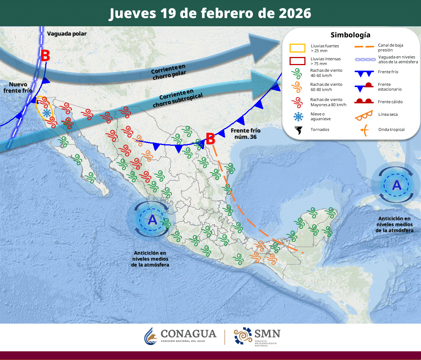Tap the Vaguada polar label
(67, 34)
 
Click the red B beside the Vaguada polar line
(45, 56)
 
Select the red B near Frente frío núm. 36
(210, 139)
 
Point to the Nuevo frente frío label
(18, 87)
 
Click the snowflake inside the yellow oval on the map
(47, 113)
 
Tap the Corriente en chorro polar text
(168, 71)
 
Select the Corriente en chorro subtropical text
(178, 98)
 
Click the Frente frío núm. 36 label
(245, 134)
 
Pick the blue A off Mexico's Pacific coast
(153, 220)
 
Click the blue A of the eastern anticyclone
(397, 185)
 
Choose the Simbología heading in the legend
(350, 35)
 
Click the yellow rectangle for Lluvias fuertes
(297, 48)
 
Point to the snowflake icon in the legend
(298, 117)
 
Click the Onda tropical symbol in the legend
(364, 129)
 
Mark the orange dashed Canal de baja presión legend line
(364, 47)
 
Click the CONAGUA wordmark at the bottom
(188, 334)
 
